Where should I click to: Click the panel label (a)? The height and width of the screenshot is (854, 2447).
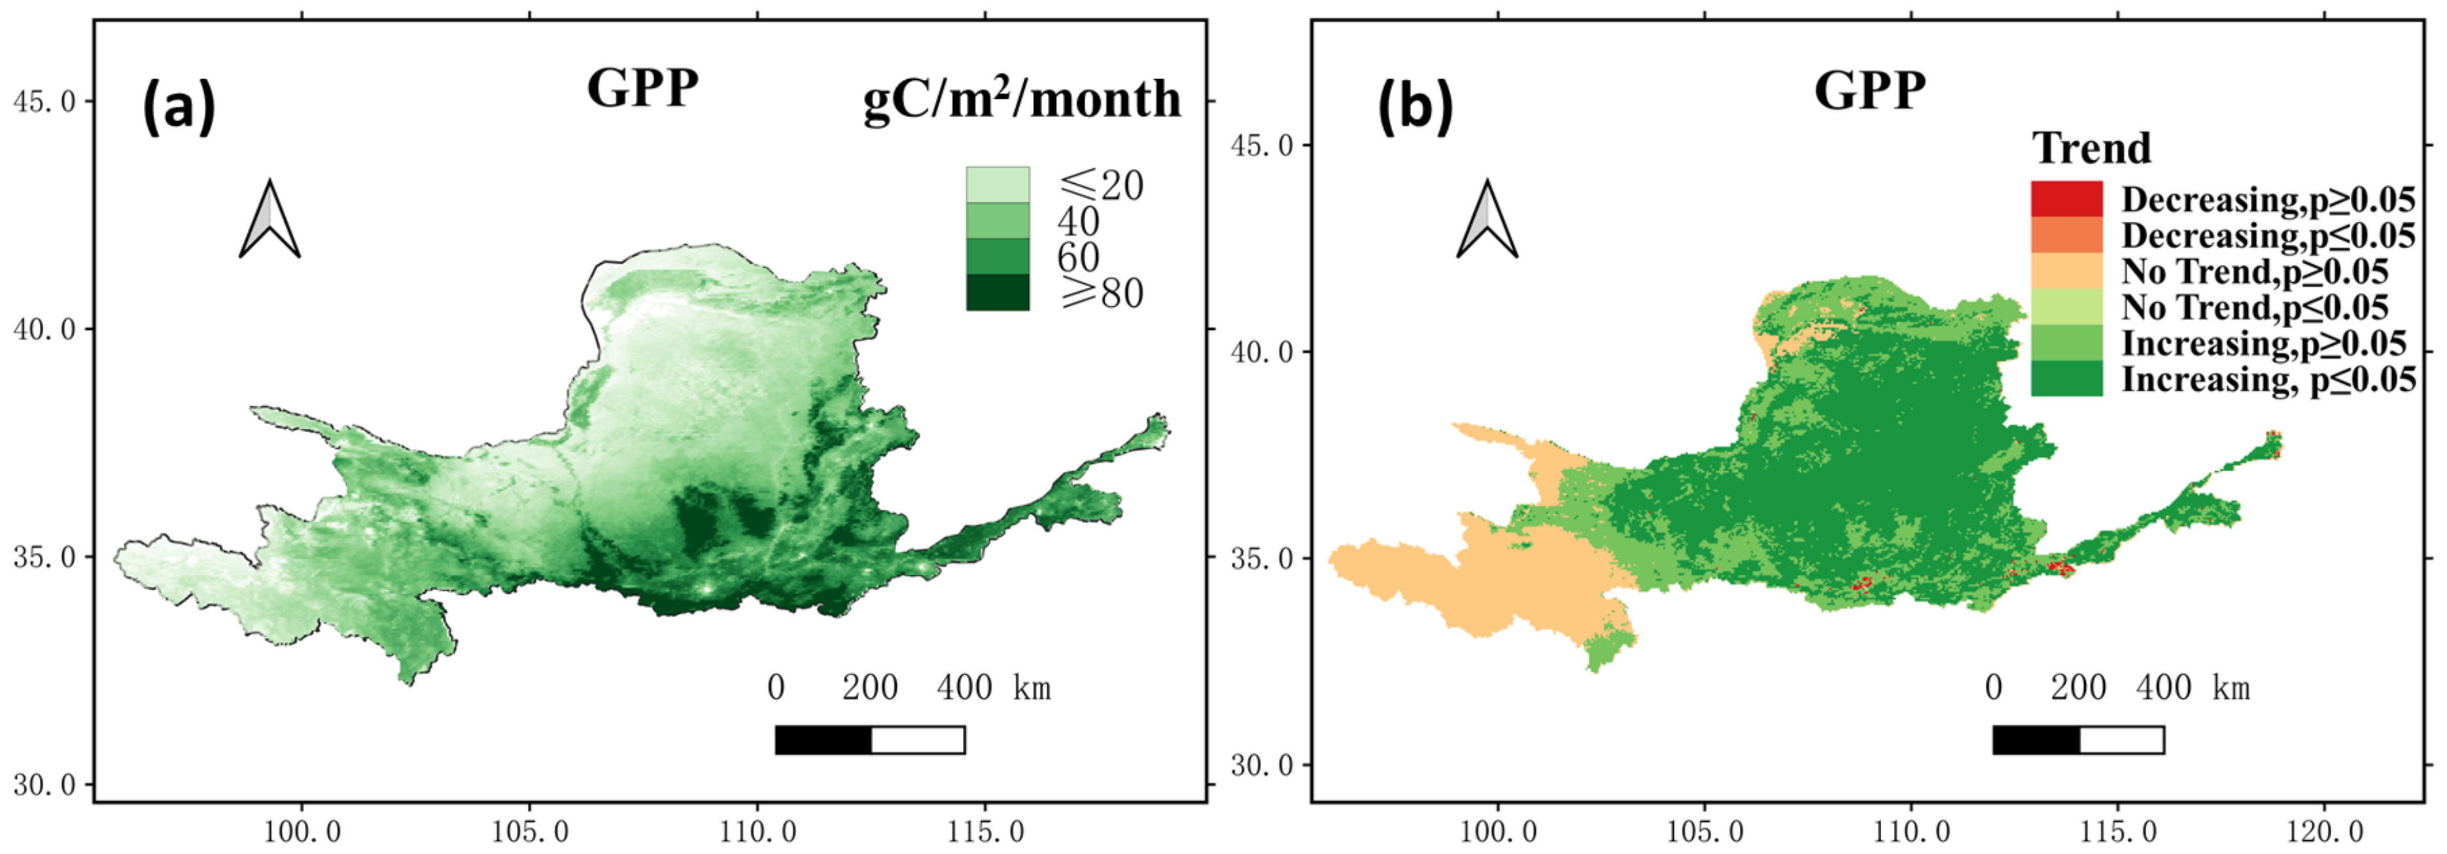(179, 107)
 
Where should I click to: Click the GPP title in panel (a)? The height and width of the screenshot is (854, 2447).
(642, 88)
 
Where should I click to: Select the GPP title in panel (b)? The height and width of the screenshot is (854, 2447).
(1869, 91)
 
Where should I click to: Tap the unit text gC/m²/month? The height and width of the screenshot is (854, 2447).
(1021, 99)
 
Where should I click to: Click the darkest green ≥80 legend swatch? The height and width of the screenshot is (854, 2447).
(998, 293)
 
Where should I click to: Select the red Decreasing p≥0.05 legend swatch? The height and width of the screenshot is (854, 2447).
(2066, 198)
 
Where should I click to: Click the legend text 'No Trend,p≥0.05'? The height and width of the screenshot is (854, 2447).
(2254, 272)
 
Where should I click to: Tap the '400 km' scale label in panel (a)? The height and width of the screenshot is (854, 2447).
(994, 687)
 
